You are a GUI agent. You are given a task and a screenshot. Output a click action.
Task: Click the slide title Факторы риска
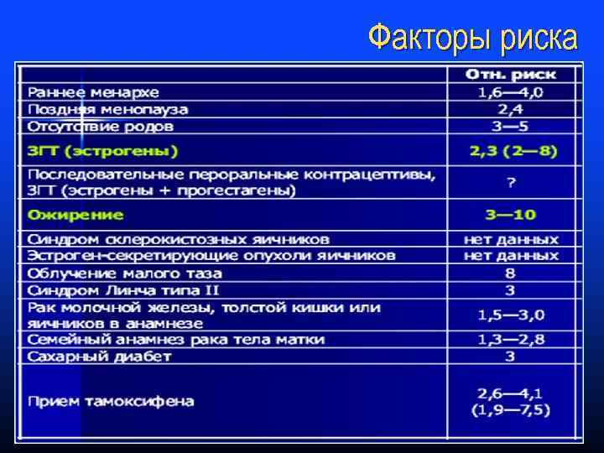tap(472, 38)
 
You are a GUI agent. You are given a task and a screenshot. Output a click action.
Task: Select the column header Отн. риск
tap(511, 75)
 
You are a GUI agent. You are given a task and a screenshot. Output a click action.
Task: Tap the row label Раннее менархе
tap(92, 91)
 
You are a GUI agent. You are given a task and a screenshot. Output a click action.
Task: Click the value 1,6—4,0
tap(511, 91)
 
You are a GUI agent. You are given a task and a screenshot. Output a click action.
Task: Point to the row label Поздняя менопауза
tap(107, 109)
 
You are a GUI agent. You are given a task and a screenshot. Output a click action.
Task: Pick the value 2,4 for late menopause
tap(511, 109)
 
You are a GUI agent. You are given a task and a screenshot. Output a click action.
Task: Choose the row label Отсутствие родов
tap(101, 127)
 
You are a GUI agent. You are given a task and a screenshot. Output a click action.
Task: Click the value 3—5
tap(511, 127)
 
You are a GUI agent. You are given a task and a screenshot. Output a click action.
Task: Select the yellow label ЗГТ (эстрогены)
tap(102, 152)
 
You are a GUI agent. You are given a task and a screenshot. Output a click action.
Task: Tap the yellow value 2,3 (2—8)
tap(513, 152)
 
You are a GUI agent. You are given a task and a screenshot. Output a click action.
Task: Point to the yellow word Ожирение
tap(65, 215)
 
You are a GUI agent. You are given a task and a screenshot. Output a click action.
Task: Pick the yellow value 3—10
tap(511, 215)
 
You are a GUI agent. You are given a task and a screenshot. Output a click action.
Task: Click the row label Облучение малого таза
tap(124, 273)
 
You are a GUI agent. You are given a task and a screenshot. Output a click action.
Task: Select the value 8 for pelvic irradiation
tap(511, 273)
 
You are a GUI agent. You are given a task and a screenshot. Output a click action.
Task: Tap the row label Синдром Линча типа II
tap(122, 290)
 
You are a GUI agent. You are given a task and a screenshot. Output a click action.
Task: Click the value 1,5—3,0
tap(511, 315)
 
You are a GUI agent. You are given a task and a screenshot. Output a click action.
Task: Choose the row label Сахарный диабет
tap(99, 357)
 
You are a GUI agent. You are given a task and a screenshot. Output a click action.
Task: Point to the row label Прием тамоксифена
tap(111, 401)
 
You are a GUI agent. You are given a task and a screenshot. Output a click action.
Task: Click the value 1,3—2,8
tap(511, 340)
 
